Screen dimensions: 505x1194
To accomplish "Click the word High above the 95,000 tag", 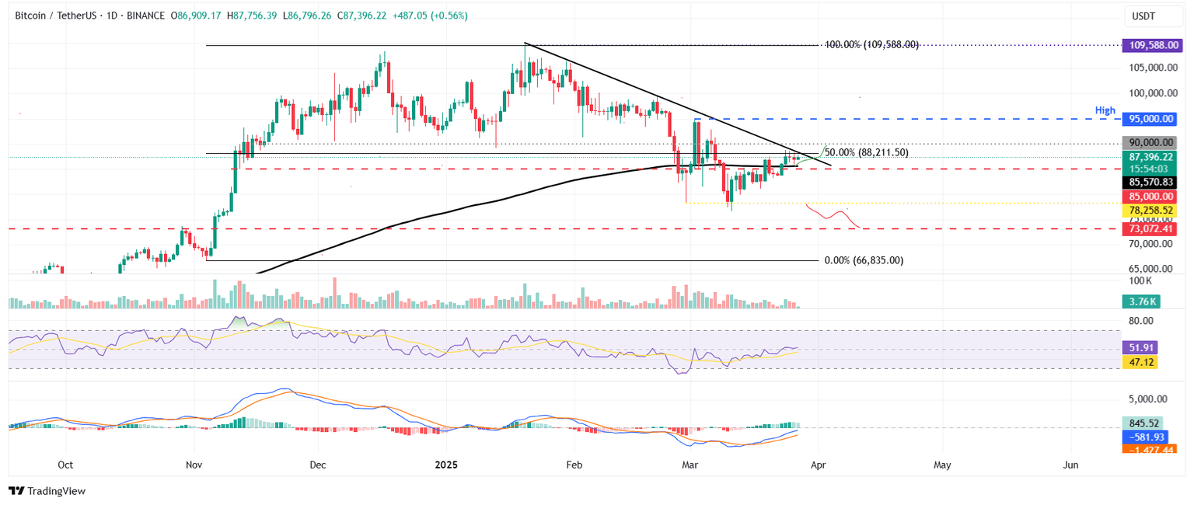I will coord(1105,111).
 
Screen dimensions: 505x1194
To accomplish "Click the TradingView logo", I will coord(47,491).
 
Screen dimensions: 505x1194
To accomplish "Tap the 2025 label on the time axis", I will coord(445,465).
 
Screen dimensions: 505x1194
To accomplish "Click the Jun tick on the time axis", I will coord(1070,465).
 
